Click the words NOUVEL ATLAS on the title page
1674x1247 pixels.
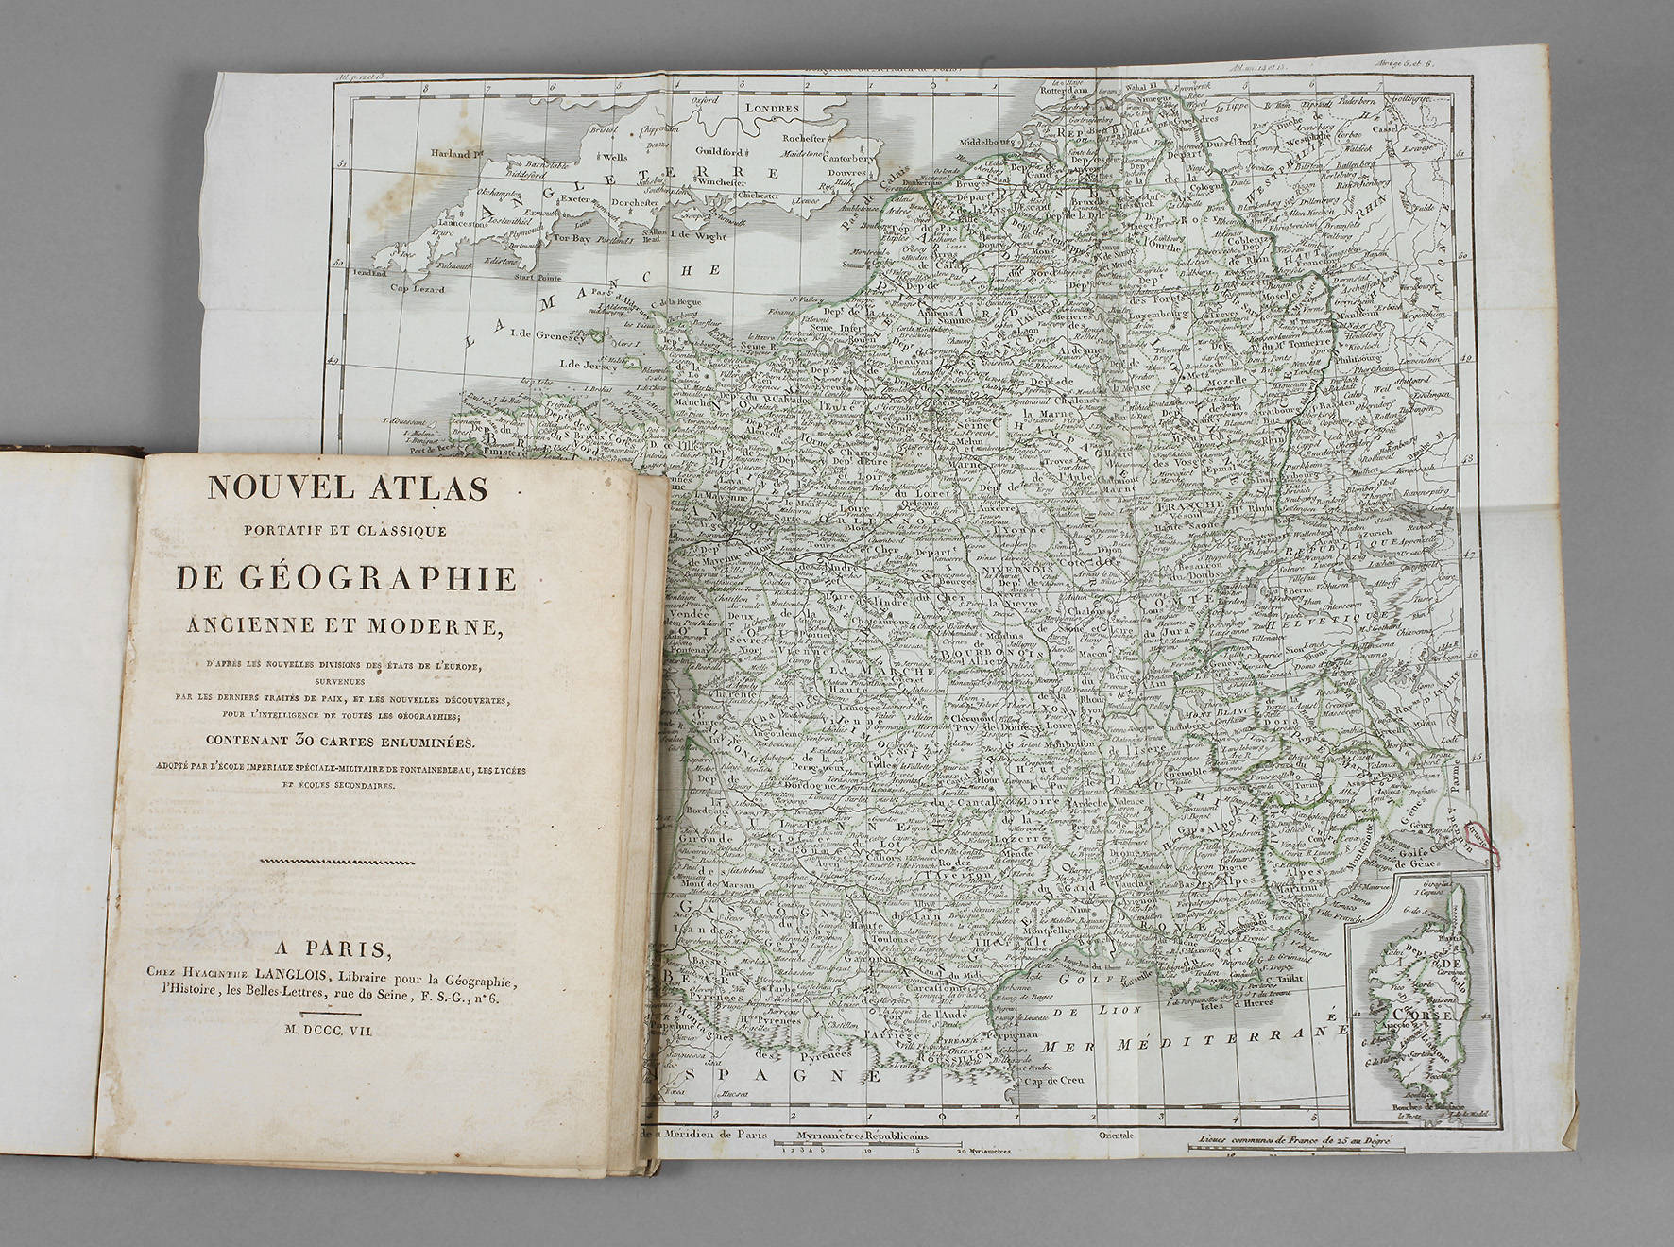tap(347, 488)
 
